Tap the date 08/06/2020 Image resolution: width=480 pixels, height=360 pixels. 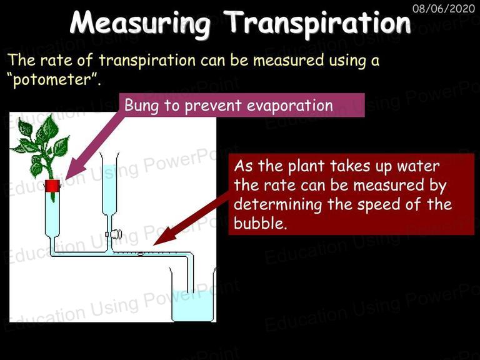444,8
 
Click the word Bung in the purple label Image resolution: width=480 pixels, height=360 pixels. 141,106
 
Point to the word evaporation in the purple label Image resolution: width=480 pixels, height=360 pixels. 289,105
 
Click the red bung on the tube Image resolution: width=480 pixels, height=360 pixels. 52,186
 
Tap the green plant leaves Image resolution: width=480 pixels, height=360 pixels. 41,146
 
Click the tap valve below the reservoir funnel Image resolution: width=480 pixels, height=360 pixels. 114,234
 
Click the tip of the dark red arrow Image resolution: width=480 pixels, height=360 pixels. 154,244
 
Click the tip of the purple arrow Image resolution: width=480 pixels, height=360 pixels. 66,179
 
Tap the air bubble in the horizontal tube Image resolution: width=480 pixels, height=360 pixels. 140,254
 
